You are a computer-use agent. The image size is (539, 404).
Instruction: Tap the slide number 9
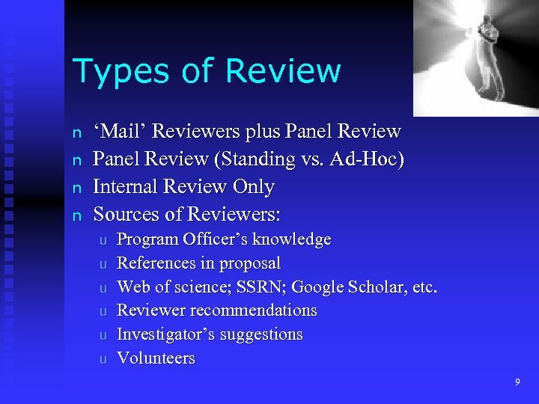pyautogui.click(x=517, y=382)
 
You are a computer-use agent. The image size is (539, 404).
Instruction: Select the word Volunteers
pyautogui.click(x=156, y=358)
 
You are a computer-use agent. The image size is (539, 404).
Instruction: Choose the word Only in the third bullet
pyautogui.click(x=255, y=187)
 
